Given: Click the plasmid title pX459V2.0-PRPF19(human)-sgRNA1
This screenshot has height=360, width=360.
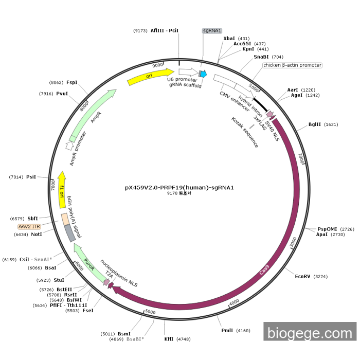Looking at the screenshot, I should click(179, 188).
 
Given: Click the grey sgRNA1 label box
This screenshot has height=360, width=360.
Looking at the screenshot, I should click(212, 31).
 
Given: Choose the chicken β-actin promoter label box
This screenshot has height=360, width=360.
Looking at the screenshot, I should click(292, 65).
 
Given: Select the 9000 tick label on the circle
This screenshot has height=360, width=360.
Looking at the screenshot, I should click(157, 65).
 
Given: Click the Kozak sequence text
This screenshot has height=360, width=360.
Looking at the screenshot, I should click(245, 133).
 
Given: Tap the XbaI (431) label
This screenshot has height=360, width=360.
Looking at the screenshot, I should click(237, 38).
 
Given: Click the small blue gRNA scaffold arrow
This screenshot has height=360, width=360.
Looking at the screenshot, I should click(203, 75).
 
